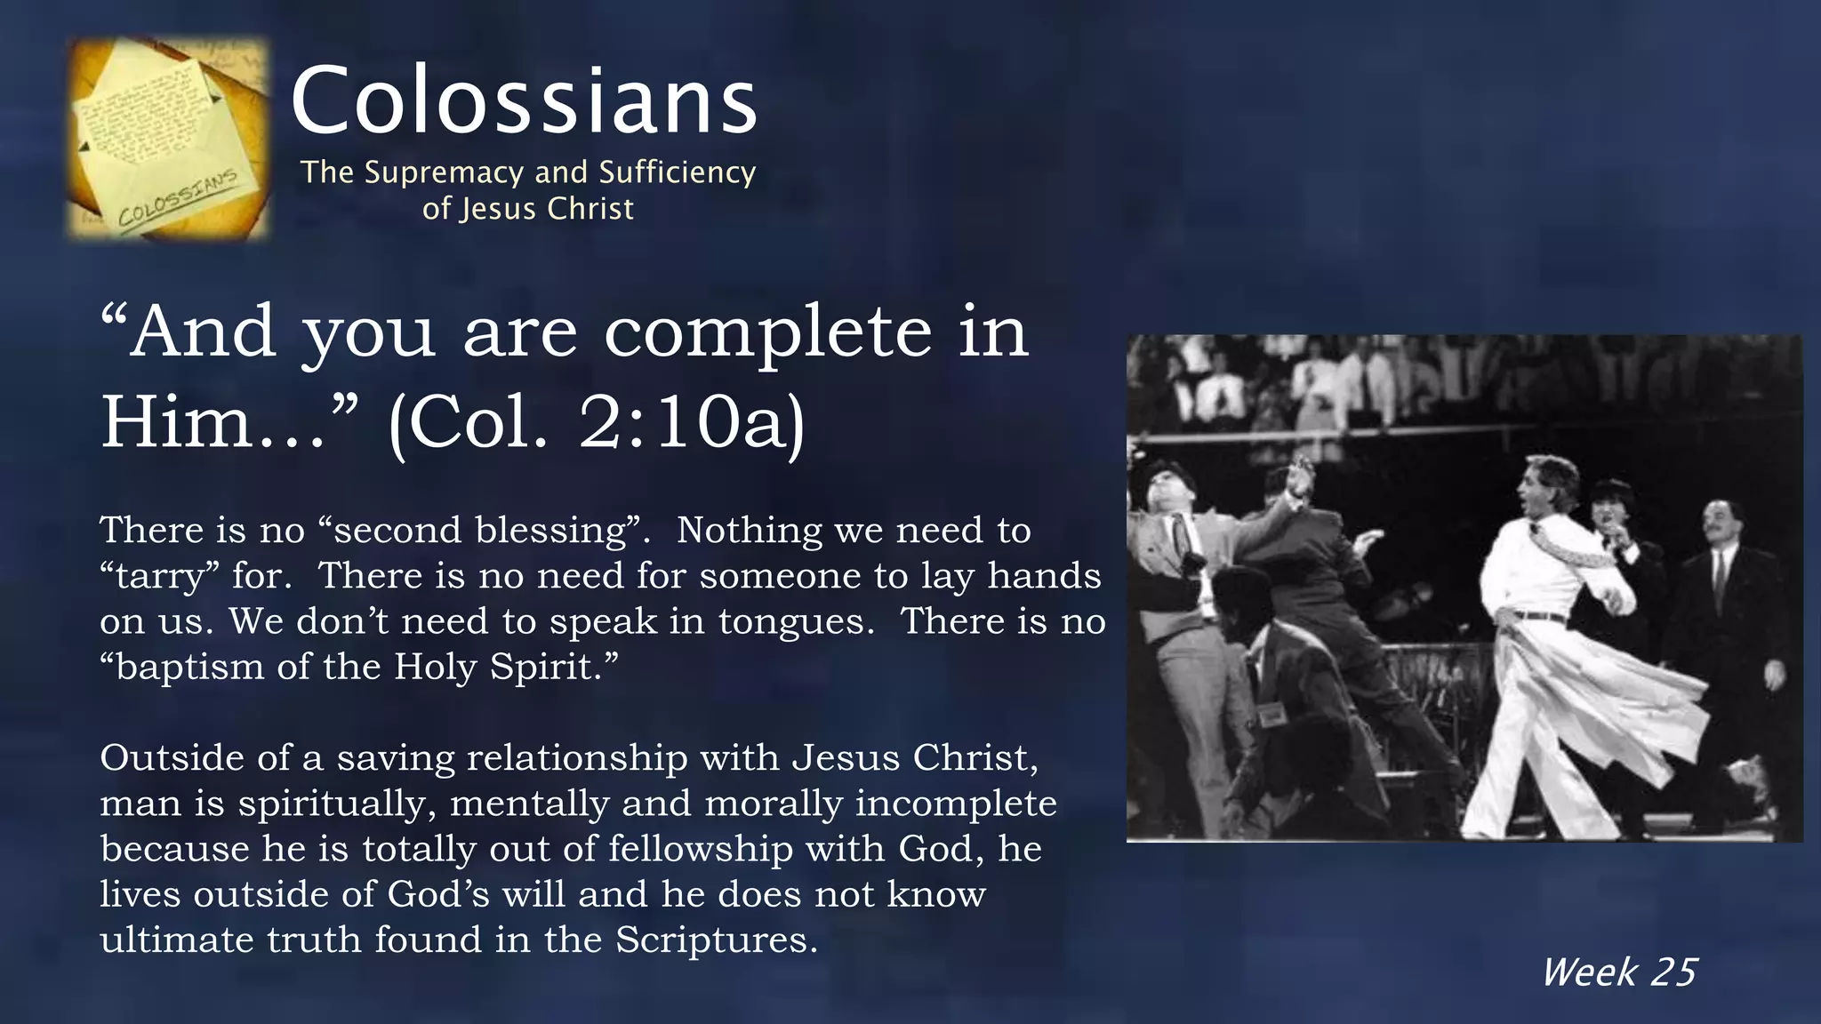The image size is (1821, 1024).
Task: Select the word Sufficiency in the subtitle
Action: pos(678,172)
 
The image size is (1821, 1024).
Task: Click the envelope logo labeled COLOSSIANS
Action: pos(169,139)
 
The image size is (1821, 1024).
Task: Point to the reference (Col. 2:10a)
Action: pos(597,424)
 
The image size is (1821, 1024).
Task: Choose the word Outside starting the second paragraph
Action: pos(170,758)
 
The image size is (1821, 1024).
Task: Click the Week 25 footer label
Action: pos(1618,972)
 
